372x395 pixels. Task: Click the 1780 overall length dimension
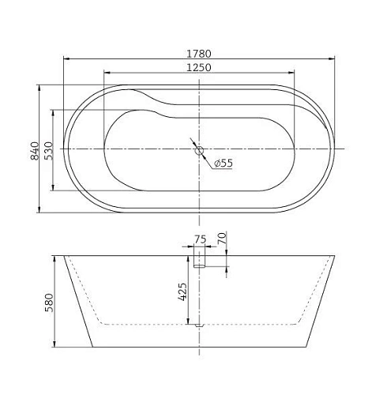click(198, 53)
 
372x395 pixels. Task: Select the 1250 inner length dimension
click(198, 68)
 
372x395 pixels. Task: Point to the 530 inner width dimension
click(48, 149)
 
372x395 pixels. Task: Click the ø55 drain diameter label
click(223, 164)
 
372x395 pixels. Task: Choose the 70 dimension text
click(223, 236)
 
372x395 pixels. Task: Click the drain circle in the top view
click(199, 149)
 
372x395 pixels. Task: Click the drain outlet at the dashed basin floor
click(199, 324)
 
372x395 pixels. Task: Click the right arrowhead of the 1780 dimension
click(332, 58)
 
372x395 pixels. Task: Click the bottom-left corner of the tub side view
click(93, 348)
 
